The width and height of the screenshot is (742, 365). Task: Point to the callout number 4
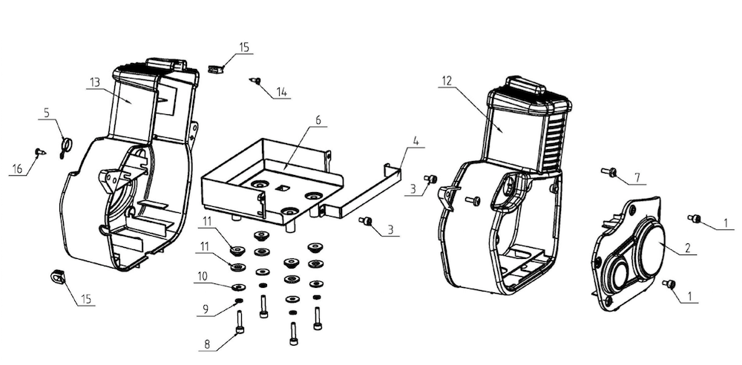coord(416,140)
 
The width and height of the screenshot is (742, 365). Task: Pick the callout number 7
coord(636,178)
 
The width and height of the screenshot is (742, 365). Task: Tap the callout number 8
coord(207,343)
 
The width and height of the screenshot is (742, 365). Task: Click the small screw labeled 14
coord(257,80)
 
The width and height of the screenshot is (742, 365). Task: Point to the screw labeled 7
coord(611,172)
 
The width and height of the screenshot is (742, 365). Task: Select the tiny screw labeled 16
coord(38,151)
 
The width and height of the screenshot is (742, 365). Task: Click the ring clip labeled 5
coord(66,143)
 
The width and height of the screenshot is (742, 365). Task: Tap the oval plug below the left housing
coord(58,276)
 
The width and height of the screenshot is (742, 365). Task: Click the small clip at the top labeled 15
coord(217,68)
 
